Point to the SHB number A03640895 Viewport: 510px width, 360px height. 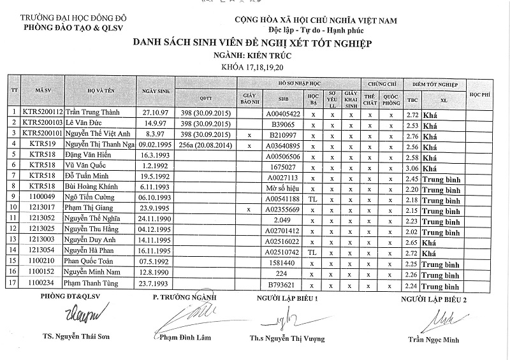[x=282, y=146]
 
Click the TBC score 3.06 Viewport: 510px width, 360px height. [x=412, y=168]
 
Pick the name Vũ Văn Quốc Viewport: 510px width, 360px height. [x=87, y=168]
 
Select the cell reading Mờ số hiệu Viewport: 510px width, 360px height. [x=282, y=189]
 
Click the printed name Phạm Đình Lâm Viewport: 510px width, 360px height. [x=186, y=337]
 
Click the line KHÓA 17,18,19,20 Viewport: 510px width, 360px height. [x=252, y=67]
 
